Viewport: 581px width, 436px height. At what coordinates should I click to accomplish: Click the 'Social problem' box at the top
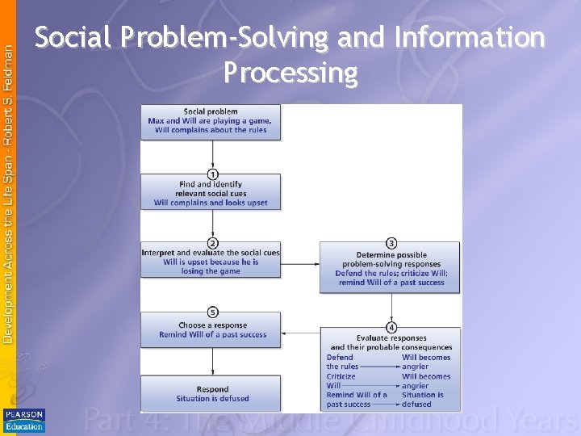(x=211, y=121)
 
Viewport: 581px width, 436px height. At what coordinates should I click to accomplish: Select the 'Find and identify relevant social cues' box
(x=211, y=192)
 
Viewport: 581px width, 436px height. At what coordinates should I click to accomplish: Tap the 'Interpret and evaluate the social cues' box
(x=211, y=262)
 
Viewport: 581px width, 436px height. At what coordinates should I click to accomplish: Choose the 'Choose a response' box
(x=211, y=329)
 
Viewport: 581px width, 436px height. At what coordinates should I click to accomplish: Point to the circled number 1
(x=212, y=174)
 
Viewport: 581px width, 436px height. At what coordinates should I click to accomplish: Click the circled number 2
(x=212, y=243)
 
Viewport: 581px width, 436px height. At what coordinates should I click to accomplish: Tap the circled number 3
(x=391, y=243)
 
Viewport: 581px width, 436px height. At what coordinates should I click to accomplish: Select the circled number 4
(x=391, y=327)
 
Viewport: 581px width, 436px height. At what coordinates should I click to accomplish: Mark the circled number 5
(x=212, y=312)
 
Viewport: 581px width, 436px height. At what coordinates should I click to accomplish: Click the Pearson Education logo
(x=23, y=420)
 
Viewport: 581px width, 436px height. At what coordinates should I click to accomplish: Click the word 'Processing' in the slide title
(x=290, y=73)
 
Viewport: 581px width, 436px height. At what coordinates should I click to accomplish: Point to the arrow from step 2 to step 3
(x=300, y=262)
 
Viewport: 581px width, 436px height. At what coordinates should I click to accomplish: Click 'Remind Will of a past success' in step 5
(x=212, y=335)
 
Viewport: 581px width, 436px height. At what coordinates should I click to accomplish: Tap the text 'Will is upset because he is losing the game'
(x=211, y=266)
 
